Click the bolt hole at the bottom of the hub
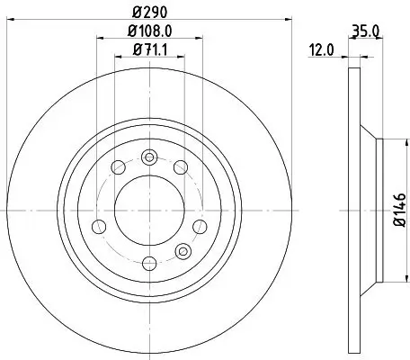pos(150,262)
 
